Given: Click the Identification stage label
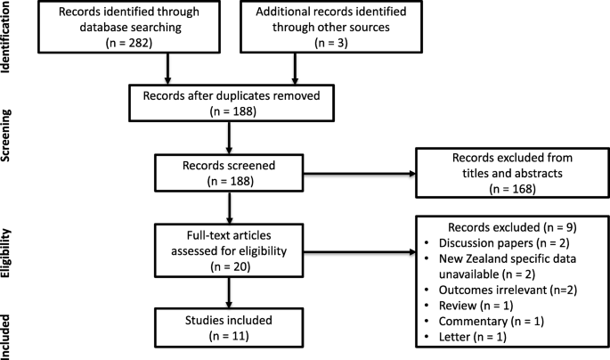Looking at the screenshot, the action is (x=5, y=37).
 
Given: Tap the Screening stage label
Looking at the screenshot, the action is (x=5, y=135).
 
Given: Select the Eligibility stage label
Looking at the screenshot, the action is (x=5, y=253).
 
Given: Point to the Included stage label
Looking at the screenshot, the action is (x=5, y=337).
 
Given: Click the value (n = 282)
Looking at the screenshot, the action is (x=129, y=43).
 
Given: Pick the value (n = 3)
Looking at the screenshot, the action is (x=331, y=43).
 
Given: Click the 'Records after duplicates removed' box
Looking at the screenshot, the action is (x=232, y=103).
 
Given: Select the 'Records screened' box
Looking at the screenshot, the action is (x=229, y=173).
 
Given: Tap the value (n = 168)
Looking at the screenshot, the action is (x=512, y=189).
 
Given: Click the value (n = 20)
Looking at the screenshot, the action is (x=231, y=266).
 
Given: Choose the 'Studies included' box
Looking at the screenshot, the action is (x=229, y=328).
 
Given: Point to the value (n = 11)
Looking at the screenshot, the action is (x=229, y=335).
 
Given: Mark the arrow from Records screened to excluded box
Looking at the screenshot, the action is (x=360, y=174).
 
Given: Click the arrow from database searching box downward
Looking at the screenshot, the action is (x=167, y=69).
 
